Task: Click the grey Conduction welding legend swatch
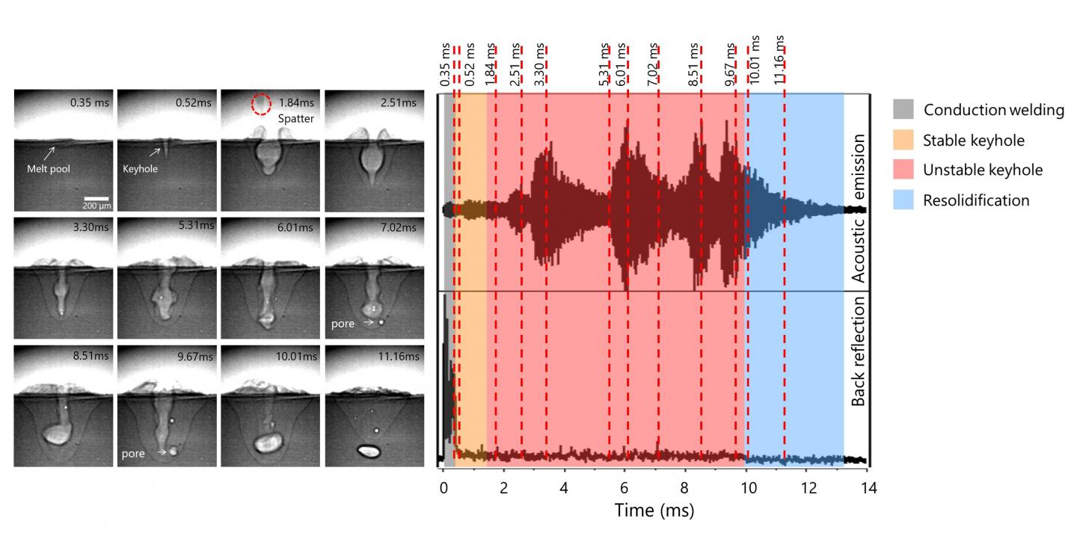pyautogui.click(x=903, y=110)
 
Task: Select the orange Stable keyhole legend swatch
pyautogui.click(x=903, y=140)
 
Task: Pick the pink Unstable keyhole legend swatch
pyautogui.click(x=903, y=170)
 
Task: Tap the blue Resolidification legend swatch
pyautogui.click(x=903, y=200)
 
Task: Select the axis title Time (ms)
pyautogui.click(x=654, y=511)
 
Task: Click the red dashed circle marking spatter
pyautogui.click(x=261, y=104)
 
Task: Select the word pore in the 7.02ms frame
pyautogui.click(x=343, y=324)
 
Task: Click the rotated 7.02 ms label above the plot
pyautogui.click(x=654, y=64)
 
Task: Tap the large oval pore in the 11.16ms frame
pyautogui.click(x=368, y=451)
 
